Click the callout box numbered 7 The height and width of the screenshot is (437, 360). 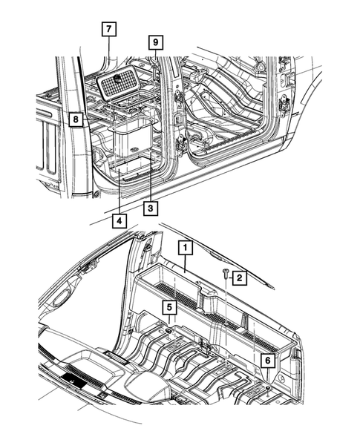(108, 30)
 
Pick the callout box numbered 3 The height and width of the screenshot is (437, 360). (151, 208)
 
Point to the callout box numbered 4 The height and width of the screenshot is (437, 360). (120, 220)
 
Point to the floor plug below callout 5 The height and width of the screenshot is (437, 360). (170, 329)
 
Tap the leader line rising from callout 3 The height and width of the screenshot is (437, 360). (151, 182)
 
